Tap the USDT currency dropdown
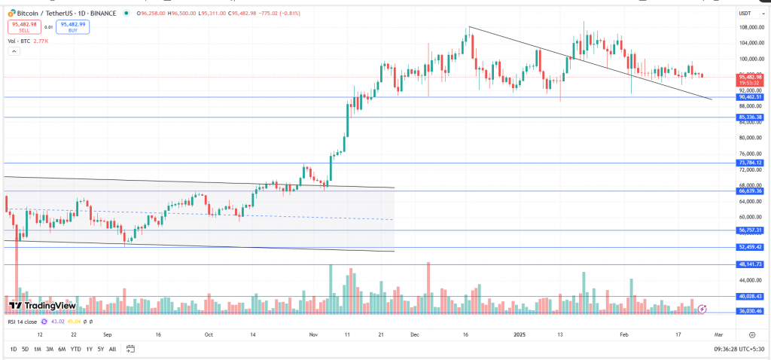point(747,12)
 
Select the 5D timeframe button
point(25,349)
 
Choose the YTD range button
point(75,349)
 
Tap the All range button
point(112,349)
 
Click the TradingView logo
point(42,306)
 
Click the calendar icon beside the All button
point(130,349)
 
